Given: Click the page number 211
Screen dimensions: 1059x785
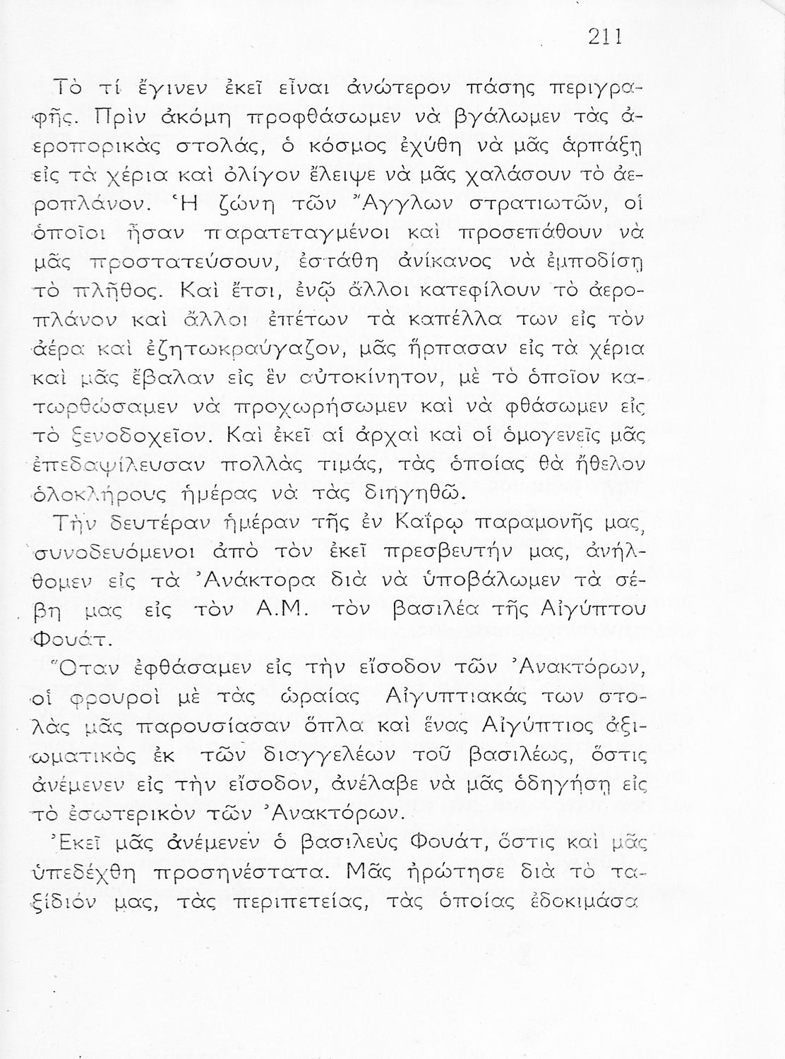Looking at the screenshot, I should pyautogui.click(x=604, y=37).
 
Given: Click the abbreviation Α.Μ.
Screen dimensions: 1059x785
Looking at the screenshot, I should pyautogui.click(x=281, y=611).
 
